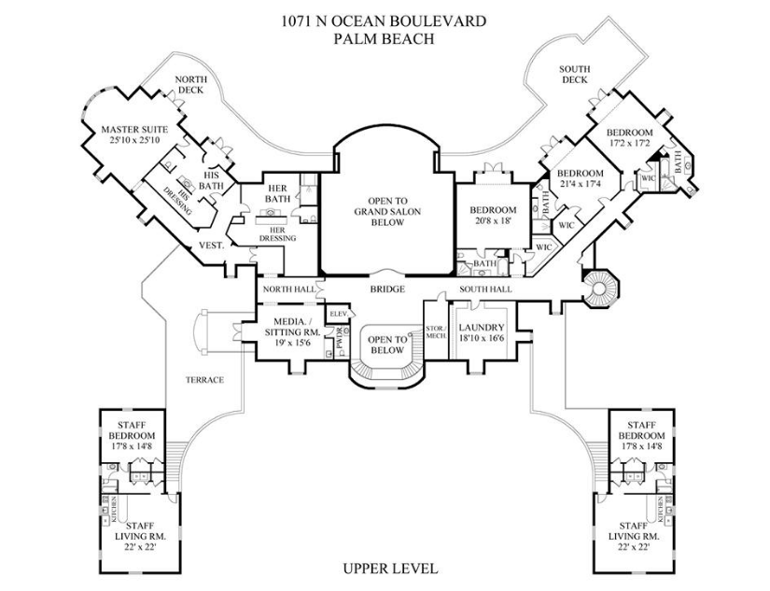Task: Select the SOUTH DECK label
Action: [574, 74]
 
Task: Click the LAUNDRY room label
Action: [482, 328]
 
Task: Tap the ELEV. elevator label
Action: [336, 314]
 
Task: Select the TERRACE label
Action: [204, 379]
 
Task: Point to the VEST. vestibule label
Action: [210, 246]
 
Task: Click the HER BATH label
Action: [278, 193]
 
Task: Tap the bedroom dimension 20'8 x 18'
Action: [493, 222]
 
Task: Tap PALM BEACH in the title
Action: [385, 38]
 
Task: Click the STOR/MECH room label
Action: [436, 331]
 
